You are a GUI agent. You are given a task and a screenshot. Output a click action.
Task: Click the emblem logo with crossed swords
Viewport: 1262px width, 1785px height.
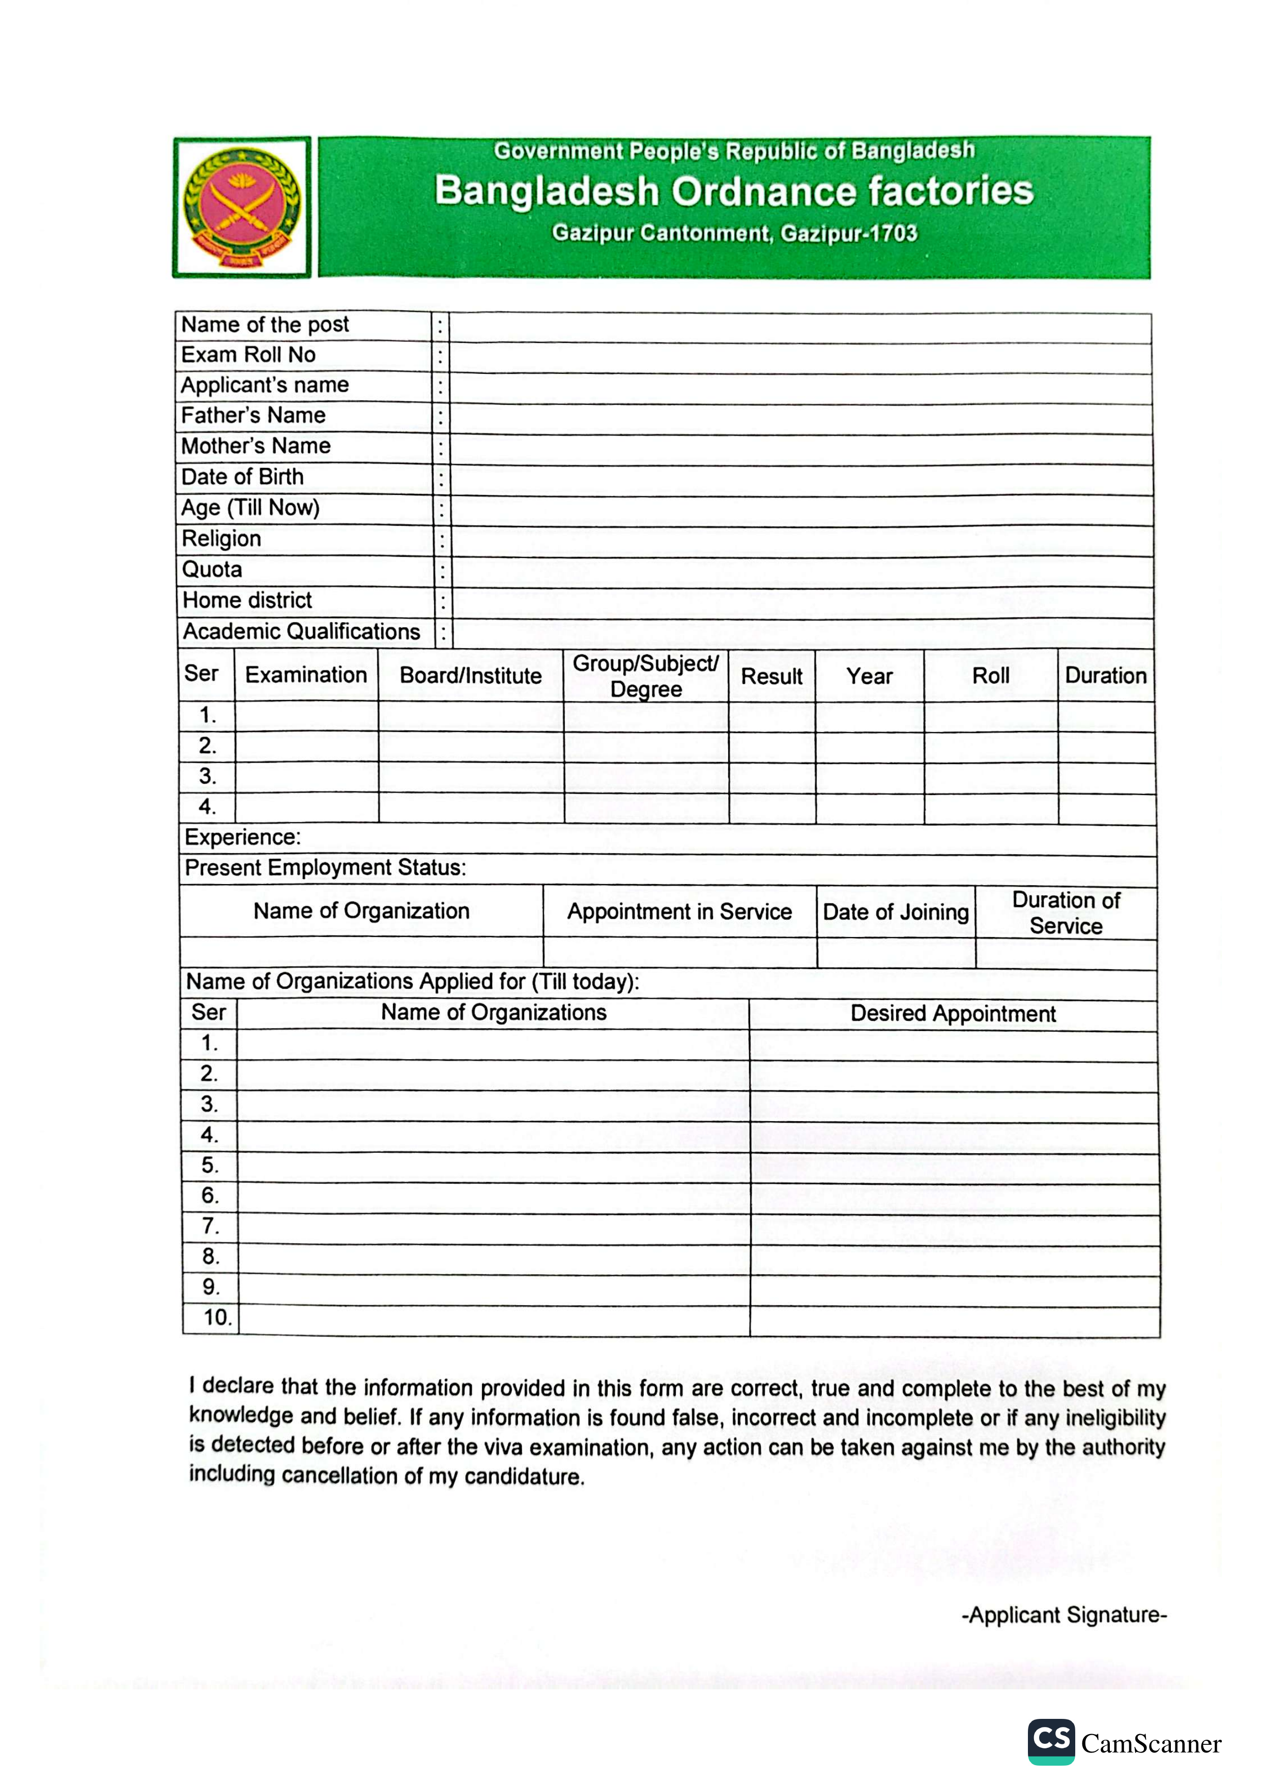point(242,208)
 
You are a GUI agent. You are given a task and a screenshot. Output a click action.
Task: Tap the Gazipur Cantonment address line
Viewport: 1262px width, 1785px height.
point(734,233)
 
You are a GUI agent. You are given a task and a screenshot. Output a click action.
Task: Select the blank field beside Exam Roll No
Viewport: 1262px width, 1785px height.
point(800,358)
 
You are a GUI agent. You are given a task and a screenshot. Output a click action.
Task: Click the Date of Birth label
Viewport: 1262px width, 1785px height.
point(243,477)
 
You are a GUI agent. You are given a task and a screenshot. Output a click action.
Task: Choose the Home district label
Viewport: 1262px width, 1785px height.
point(247,600)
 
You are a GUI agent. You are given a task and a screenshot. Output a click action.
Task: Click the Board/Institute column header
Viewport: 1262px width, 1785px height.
point(470,676)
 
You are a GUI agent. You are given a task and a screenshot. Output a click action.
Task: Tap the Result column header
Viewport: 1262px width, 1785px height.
point(771,677)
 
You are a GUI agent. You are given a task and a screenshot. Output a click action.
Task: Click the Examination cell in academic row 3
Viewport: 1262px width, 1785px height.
point(306,777)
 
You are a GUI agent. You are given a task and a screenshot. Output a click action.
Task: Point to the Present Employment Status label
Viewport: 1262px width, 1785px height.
point(325,868)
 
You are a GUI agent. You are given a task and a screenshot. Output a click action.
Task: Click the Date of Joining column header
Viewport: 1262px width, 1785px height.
point(896,912)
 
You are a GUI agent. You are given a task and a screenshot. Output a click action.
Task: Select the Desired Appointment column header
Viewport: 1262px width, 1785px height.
point(953,1014)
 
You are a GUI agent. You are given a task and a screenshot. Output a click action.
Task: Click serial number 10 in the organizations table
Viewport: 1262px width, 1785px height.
point(217,1318)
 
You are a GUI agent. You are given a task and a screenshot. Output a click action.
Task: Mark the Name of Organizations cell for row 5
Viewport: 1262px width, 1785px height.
point(493,1166)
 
